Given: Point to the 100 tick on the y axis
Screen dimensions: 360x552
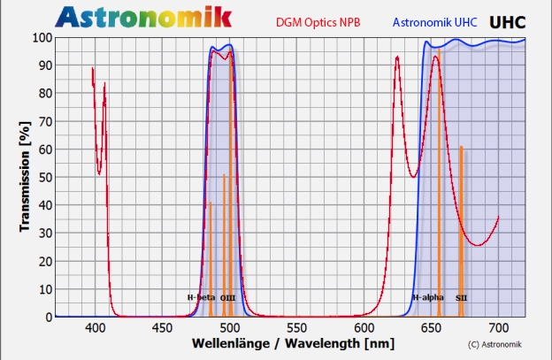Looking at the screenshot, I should tap(40, 37).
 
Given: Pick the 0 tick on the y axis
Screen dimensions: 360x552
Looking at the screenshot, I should tap(46, 316).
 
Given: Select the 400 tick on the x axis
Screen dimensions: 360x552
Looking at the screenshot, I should tap(96, 328).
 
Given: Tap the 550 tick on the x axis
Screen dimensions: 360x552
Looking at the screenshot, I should tap(297, 328).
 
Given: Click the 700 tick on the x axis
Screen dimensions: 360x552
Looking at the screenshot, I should tap(499, 328).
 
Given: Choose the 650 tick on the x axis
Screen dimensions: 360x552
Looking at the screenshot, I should tap(432, 328).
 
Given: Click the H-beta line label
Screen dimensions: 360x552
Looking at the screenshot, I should tap(201, 297).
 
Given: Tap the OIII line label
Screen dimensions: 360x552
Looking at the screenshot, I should tap(227, 297).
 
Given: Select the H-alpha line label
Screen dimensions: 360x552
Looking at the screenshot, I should tap(428, 297).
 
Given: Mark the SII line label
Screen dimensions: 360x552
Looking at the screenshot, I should tap(462, 297).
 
